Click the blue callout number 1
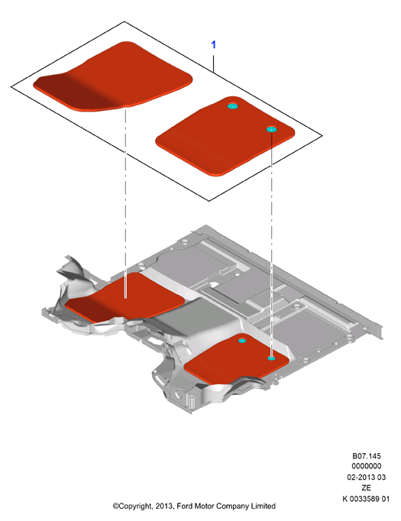click(213, 44)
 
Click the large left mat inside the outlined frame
click(113, 77)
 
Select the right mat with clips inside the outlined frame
click(225, 136)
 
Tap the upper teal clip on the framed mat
click(232, 106)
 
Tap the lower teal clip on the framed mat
click(271, 129)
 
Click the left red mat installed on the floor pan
click(125, 298)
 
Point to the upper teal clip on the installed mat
click(242, 341)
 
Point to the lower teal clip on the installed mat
click(271, 358)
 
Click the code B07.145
click(367, 456)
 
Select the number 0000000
click(367, 466)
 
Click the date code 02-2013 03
click(367, 477)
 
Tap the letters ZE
click(366, 488)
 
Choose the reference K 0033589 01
click(366, 499)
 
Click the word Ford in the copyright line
click(184, 506)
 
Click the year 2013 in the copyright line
click(163, 506)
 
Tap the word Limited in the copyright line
click(263, 506)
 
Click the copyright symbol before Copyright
click(115, 506)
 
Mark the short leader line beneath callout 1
click(213, 63)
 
